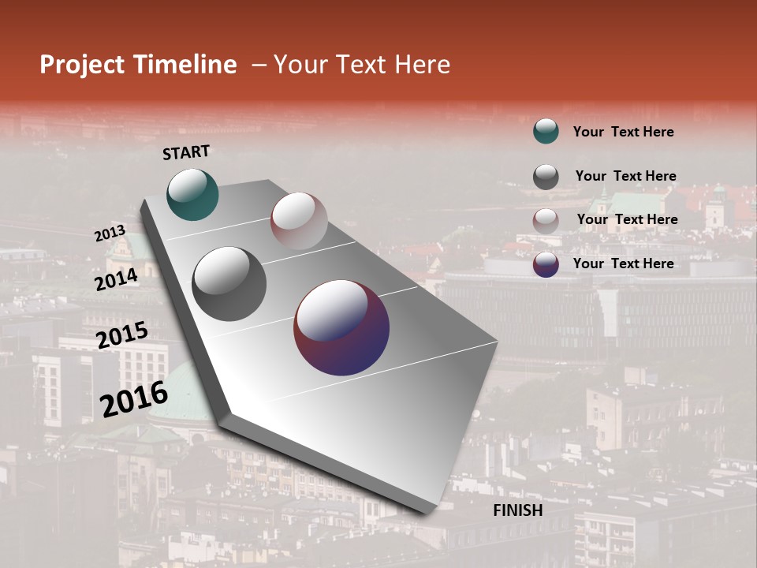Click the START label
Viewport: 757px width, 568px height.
(x=186, y=152)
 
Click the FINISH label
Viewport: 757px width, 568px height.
(x=517, y=510)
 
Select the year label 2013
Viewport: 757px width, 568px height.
(x=110, y=234)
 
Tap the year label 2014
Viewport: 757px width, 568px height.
(x=117, y=280)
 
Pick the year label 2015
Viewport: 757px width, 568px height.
(x=122, y=336)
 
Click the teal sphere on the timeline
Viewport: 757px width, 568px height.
(x=192, y=194)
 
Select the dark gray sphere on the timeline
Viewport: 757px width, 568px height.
(x=229, y=283)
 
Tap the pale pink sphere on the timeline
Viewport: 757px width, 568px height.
(x=299, y=221)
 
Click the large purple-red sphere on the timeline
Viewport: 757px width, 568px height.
(x=341, y=327)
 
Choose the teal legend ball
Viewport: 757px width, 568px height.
(x=546, y=131)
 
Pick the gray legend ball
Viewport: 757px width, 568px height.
(x=546, y=177)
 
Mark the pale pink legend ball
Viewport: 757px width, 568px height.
(x=546, y=221)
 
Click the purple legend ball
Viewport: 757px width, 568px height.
(x=546, y=264)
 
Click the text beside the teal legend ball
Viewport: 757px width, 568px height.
(x=623, y=132)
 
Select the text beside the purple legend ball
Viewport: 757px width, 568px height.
(x=623, y=263)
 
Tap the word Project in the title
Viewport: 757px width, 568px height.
(x=82, y=65)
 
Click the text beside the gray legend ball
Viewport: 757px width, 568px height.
(x=625, y=176)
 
